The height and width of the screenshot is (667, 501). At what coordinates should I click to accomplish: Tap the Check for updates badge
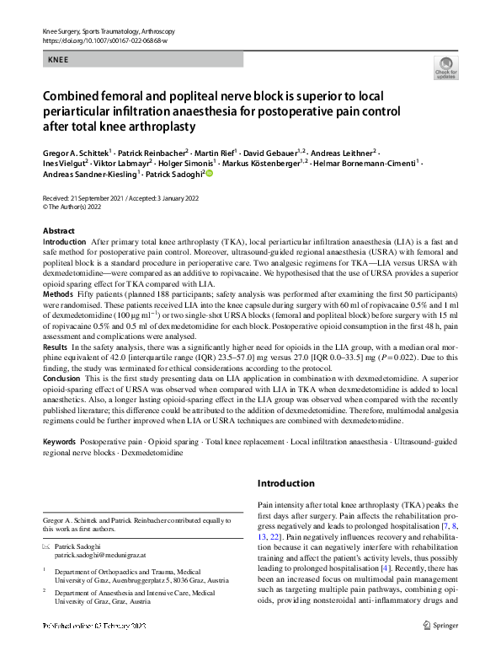445,67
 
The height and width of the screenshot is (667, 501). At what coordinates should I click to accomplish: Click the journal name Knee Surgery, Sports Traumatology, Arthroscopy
114,30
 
